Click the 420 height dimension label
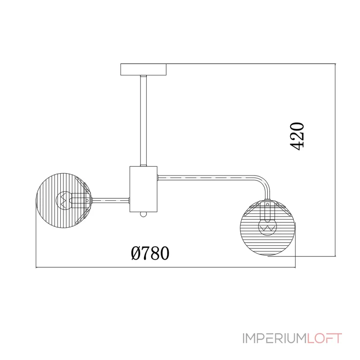[297, 136]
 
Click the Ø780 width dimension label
[150, 253]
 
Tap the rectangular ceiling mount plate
[144, 70]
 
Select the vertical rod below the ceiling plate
[144, 121]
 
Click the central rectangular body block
[144, 189]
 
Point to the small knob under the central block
[143, 214]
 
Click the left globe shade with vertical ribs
[64, 201]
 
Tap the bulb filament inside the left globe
[63, 200]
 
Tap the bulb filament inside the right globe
[268, 229]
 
